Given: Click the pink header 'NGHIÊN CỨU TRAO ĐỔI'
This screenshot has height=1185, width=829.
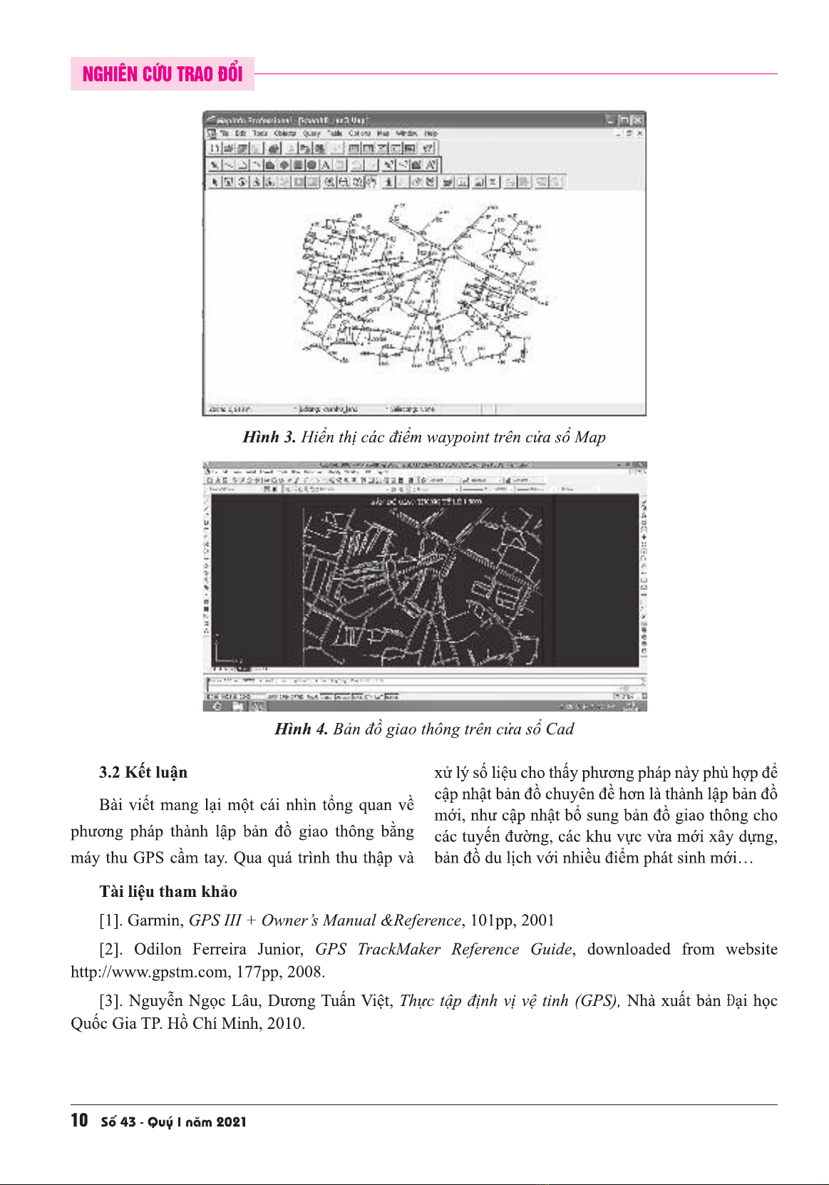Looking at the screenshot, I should pyautogui.click(x=163, y=74).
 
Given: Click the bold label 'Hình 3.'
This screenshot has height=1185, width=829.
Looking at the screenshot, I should pyautogui.click(x=269, y=437).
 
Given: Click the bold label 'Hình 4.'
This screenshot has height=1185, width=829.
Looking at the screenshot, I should pyautogui.click(x=301, y=729).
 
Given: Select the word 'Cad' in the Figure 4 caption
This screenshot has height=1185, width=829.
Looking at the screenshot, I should pyautogui.click(x=560, y=729).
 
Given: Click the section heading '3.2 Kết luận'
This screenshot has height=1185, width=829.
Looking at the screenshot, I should pyautogui.click(x=143, y=772).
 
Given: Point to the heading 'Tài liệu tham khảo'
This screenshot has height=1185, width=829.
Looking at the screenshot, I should pyautogui.click(x=168, y=891).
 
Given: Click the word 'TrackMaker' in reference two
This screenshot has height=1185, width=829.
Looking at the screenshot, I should pyautogui.click(x=398, y=949).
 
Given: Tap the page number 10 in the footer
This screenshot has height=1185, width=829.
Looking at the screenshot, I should pyautogui.click(x=79, y=1120).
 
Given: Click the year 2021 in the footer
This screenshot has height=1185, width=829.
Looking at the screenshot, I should pyautogui.click(x=231, y=1122).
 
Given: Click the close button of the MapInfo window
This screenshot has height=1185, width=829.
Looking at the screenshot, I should pyautogui.click(x=638, y=120).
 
